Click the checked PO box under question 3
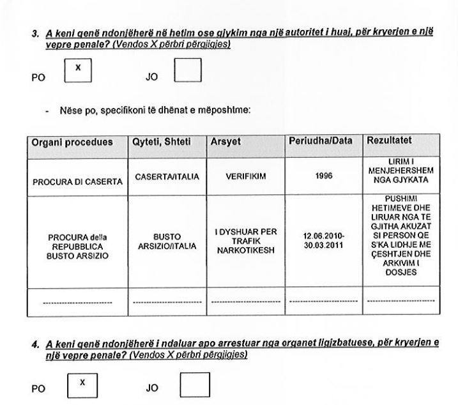[x=77, y=70]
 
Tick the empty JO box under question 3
[x=188, y=70]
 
